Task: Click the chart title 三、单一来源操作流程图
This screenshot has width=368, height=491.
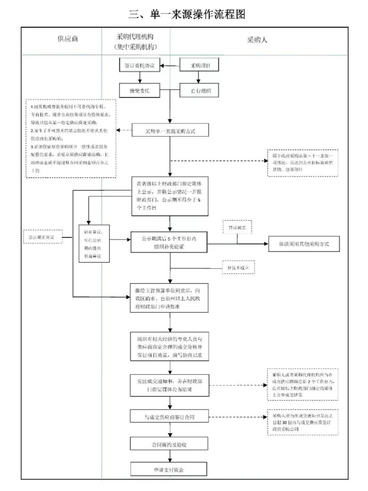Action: click(x=187, y=14)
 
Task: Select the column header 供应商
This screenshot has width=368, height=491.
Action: click(x=67, y=39)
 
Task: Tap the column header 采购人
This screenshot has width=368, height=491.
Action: click(x=257, y=40)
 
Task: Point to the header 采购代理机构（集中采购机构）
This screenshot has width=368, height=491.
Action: click(x=135, y=42)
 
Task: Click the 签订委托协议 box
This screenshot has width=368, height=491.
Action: click(x=139, y=65)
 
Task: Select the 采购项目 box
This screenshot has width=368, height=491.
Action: click(x=199, y=65)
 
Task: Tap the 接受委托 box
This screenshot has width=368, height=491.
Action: click(x=139, y=91)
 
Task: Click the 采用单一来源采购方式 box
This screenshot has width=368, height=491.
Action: click(x=170, y=131)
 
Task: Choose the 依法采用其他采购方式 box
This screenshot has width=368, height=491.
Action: click(x=304, y=244)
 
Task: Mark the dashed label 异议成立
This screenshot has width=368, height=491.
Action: click(x=237, y=227)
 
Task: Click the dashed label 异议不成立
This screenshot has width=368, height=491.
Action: click(x=238, y=268)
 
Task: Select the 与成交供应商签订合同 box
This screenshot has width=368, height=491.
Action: click(x=169, y=417)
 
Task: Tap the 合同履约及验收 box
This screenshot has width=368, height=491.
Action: click(x=169, y=444)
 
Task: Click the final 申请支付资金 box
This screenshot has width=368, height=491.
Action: click(x=169, y=470)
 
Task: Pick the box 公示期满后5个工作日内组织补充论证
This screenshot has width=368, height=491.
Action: click(x=169, y=242)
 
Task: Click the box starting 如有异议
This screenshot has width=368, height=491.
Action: click(x=94, y=243)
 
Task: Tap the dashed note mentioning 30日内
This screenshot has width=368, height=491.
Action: click(x=303, y=422)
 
